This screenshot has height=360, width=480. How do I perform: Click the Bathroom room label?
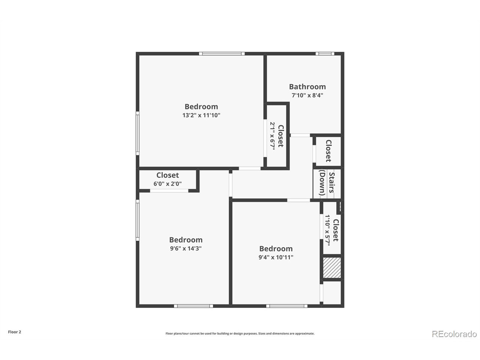point(307,87)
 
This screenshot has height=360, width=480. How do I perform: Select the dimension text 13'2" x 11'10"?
point(201,115)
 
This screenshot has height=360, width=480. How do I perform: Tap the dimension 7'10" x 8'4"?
point(307,95)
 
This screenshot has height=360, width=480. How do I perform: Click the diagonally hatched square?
point(332,268)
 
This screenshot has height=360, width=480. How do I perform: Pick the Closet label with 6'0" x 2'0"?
point(167,175)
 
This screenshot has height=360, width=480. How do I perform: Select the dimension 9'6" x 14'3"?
point(186,248)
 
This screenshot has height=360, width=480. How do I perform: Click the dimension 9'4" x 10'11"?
point(276,257)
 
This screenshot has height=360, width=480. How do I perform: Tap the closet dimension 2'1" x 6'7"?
point(273,136)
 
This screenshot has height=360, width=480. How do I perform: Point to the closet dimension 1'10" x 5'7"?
point(327,230)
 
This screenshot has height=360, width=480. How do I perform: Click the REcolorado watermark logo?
point(454,334)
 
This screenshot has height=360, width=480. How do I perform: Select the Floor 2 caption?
point(15,332)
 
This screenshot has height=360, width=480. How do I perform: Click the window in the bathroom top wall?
point(325,54)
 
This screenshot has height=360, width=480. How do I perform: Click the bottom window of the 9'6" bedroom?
point(193,306)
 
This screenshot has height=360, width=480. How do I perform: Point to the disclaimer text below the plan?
point(240,333)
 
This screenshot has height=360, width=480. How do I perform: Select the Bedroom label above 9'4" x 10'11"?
point(276,249)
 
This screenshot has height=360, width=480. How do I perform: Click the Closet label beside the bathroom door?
point(328,151)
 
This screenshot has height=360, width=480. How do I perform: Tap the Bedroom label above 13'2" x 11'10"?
point(201,106)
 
